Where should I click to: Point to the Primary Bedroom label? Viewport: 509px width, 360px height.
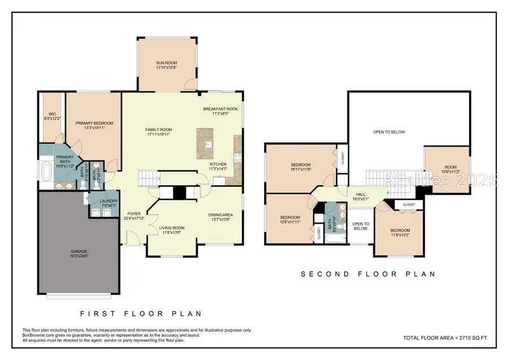point(94,123)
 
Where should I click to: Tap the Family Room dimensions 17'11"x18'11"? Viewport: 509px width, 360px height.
point(159,135)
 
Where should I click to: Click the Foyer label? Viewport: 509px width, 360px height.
point(133,214)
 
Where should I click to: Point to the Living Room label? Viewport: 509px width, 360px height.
point(172,228)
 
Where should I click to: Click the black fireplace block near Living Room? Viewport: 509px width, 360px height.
point(179,193)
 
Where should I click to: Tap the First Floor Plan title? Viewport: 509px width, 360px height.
point(141,313)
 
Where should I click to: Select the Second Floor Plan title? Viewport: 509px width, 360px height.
point(368,274)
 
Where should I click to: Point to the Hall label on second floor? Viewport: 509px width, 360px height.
point(360,194)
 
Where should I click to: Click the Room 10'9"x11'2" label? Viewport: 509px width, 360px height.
point(450,168)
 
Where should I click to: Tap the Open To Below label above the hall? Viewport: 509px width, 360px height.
point(389,132)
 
